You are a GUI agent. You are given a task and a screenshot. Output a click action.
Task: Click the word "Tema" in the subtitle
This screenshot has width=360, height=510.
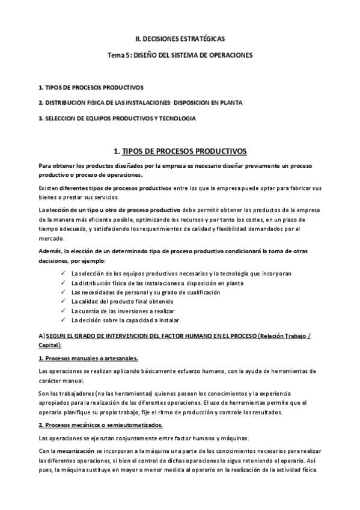115,55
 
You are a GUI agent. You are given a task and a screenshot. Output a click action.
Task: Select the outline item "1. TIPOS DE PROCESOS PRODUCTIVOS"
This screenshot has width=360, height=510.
91,87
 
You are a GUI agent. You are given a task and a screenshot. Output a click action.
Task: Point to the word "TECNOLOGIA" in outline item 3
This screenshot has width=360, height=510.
178,118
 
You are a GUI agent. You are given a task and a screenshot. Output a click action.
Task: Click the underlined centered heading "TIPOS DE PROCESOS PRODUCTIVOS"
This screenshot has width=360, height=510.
185,150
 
